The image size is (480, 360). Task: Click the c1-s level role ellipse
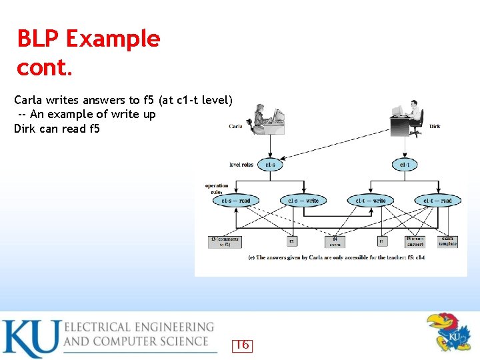click(x=270, y=164)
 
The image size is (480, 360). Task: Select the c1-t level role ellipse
click(x=404, y=164)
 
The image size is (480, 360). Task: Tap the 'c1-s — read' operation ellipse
click(x=236, y=200)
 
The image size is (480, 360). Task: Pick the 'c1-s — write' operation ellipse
click(x=303, y=200)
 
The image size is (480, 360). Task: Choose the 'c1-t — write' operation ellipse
click(x=370, y=200)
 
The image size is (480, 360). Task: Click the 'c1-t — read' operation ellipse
click(x=437, y=200)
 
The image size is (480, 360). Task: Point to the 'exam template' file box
click(x=447, y=241)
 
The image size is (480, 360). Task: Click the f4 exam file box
click(x=335, y=241)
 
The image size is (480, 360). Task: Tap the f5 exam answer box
click(x=414, y=241)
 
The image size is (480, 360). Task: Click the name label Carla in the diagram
click(x=235, y=126)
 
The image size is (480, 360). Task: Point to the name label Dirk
click(x=435, y=127)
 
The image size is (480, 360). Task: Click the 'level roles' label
click(x=241, y=165)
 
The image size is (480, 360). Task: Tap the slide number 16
click(x=242, y=345)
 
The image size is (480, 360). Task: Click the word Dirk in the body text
click(x=25, y=129)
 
